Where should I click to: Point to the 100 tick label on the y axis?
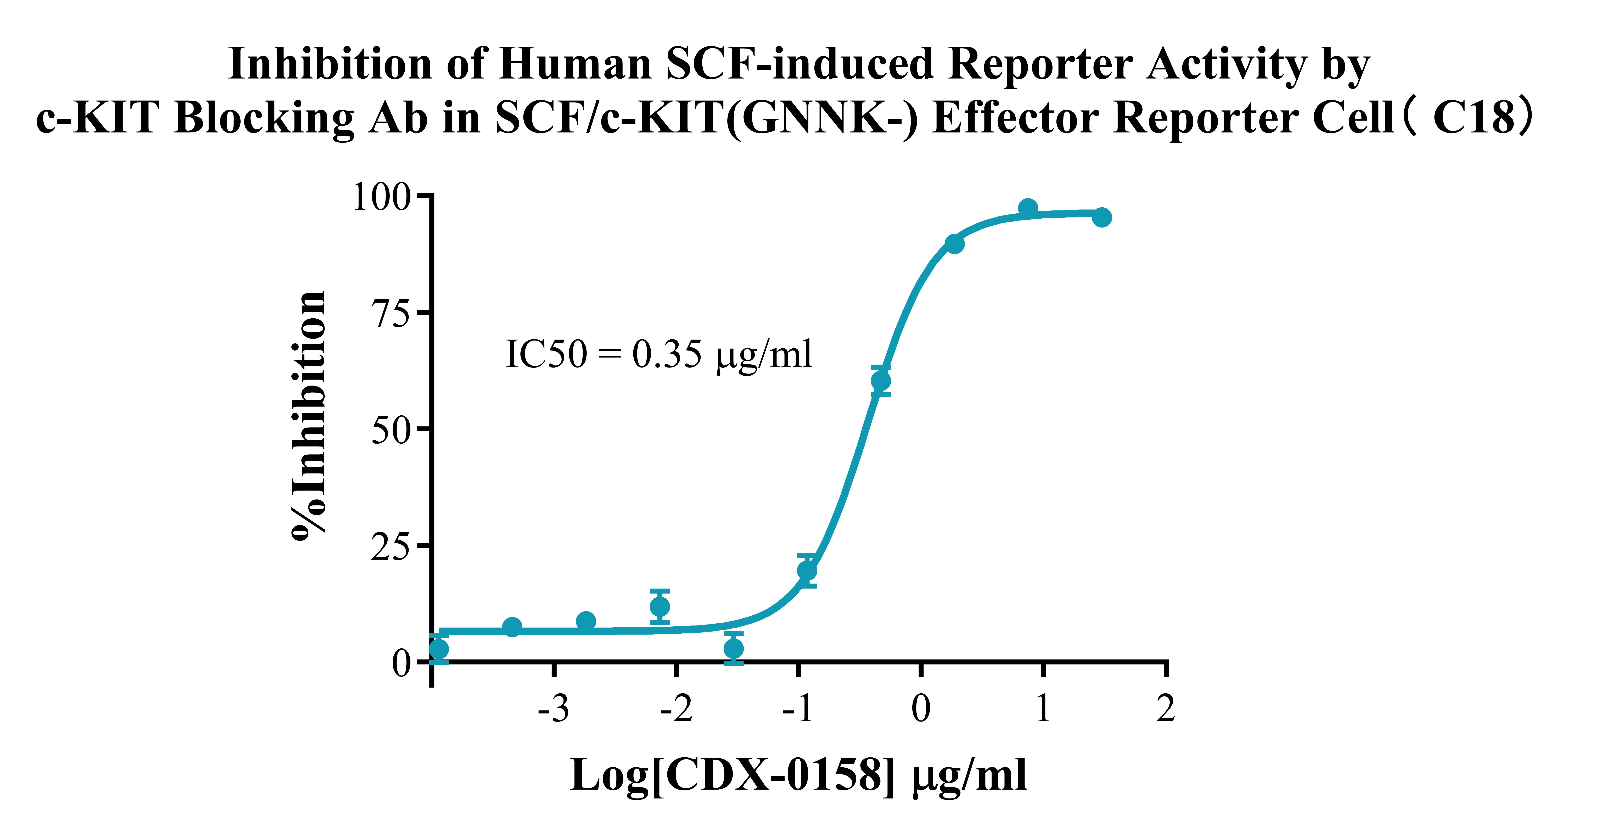tap(382, 197)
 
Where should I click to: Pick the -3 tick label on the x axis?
tap(554, 708)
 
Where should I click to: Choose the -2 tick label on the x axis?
tap(676, 708)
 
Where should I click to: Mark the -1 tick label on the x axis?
tap(798, 708)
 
